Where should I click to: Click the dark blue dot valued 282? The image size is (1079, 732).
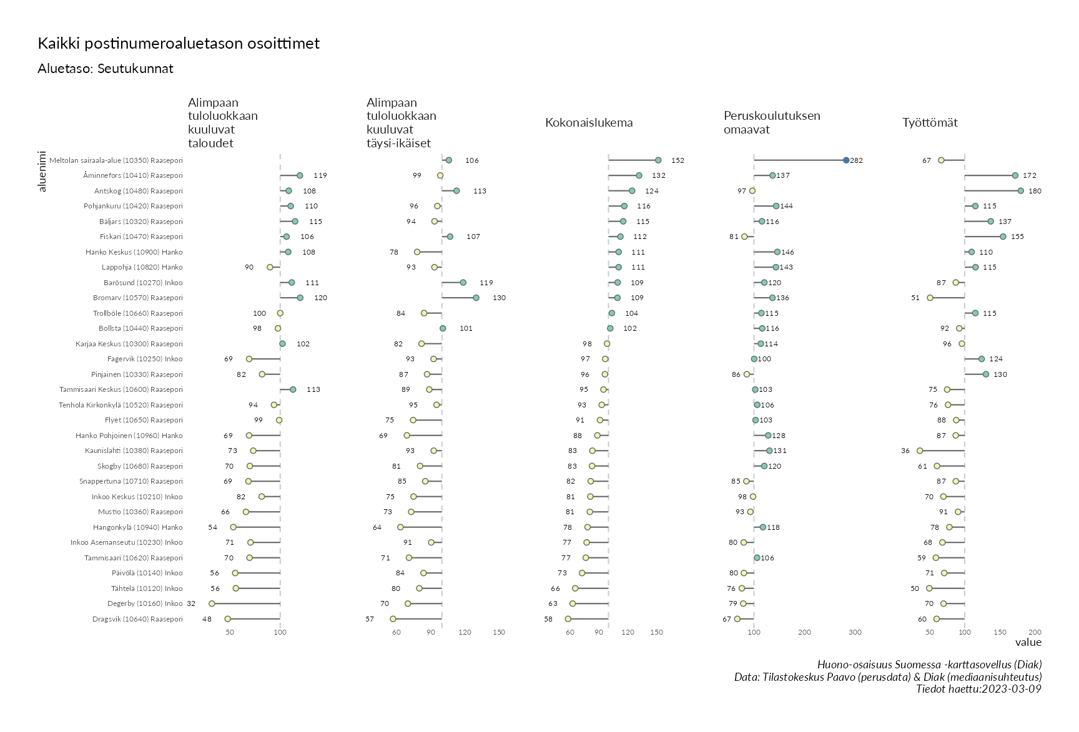click(846, 160)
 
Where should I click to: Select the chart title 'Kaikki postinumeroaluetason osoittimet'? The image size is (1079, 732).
click(179, 44)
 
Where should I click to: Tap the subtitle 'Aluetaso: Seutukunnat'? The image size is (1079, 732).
click(106, 69)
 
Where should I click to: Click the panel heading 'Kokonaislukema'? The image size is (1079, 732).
click(589, 122)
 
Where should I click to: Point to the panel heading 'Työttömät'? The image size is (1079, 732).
click(930, 122)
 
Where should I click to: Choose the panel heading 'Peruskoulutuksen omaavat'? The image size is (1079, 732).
click(772, 122)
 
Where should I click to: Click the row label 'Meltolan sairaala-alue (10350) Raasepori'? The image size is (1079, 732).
click(116, 160)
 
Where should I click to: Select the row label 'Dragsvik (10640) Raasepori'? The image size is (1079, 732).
click(137, 619)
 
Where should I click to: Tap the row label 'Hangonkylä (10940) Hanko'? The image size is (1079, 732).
click(138, 527)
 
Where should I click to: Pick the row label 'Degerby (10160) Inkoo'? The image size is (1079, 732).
click(145, 603)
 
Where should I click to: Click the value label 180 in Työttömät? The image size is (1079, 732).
click(1035, 191)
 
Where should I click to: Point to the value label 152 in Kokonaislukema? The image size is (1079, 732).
click(677, 160)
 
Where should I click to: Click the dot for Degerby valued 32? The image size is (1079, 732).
click(212, 603)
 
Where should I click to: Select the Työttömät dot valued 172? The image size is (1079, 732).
click(1015, 175)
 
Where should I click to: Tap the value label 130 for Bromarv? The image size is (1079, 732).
click(499, 298)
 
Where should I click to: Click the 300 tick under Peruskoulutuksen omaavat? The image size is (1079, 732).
click(855, 632)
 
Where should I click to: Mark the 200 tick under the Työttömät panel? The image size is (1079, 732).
click(1035, 632)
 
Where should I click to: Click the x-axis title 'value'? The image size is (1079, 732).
click(1028, 642)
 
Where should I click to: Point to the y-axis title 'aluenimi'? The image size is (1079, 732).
click(42, 170)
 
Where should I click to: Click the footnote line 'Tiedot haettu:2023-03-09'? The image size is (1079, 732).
click(978, 689)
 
